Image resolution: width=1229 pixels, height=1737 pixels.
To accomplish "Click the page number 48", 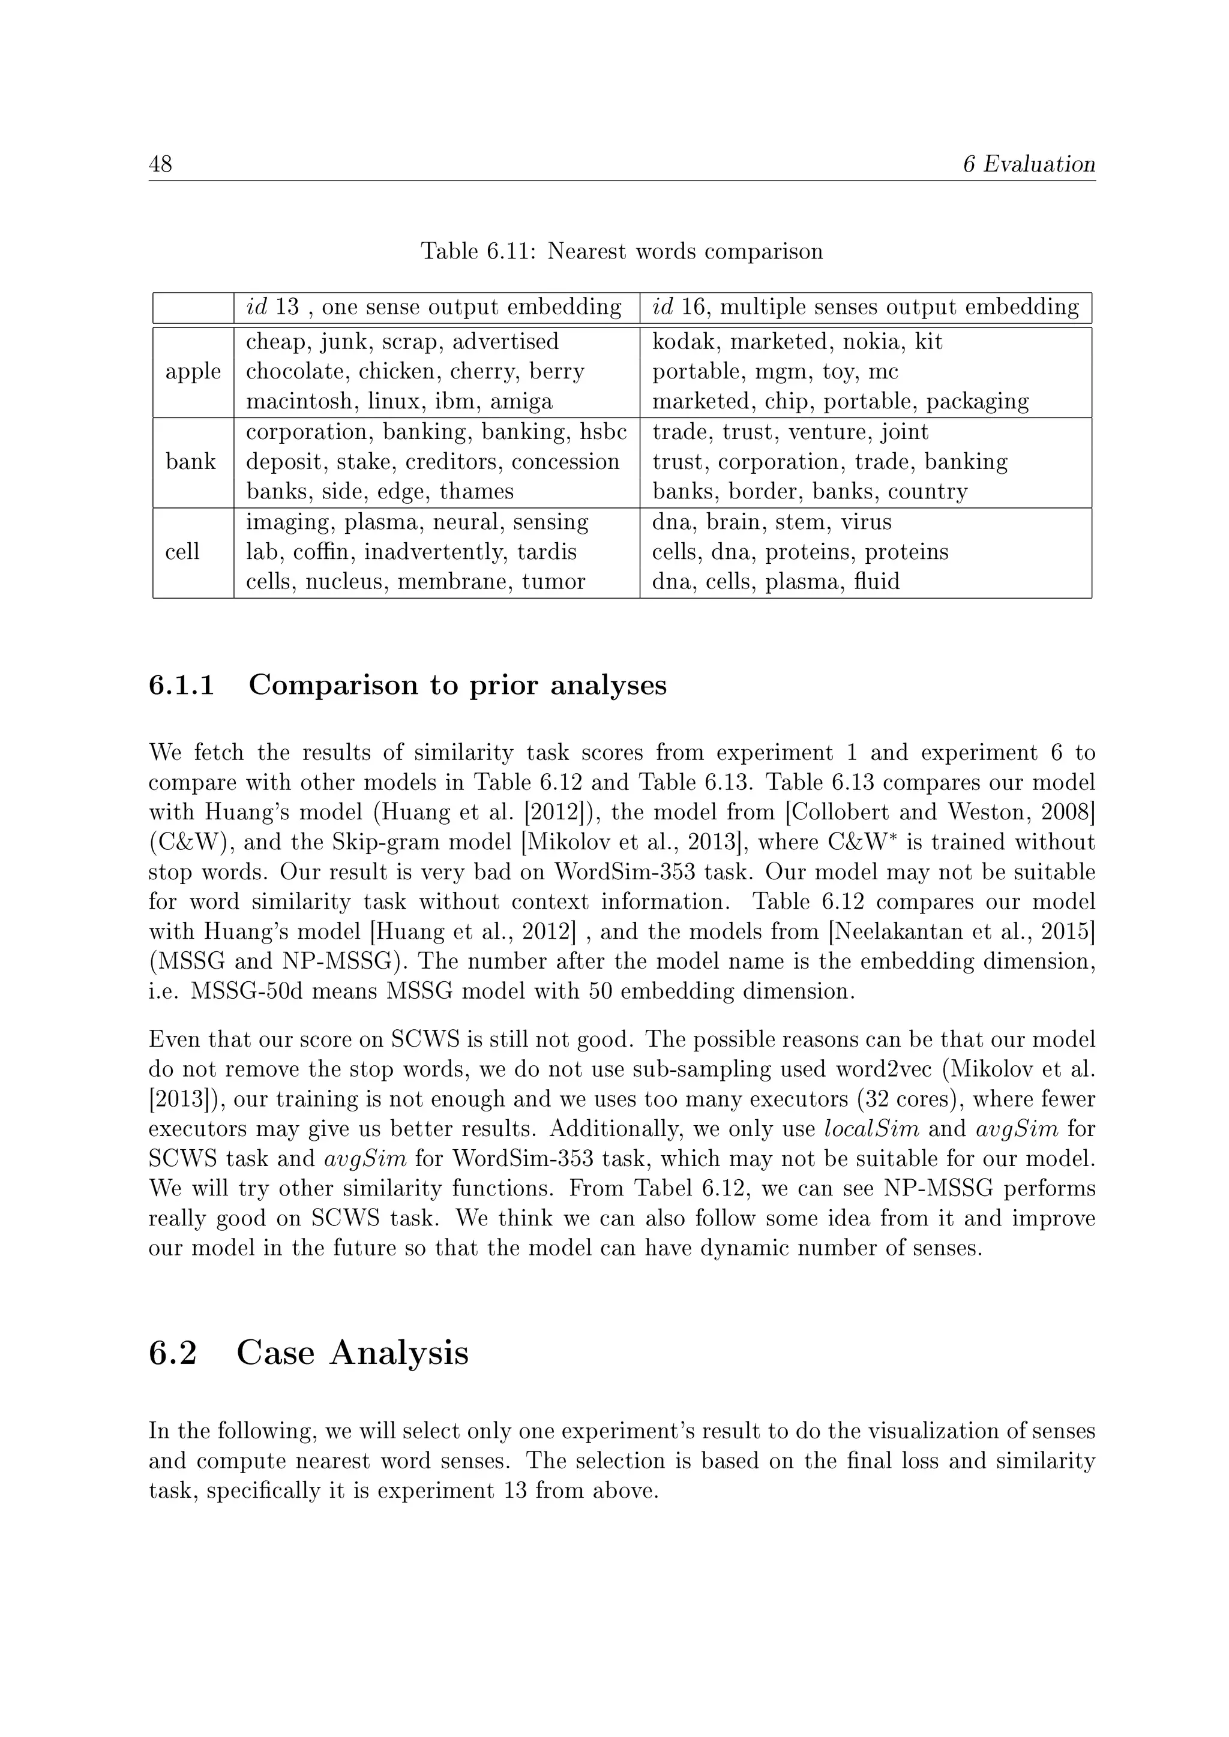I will (x=160, y=164).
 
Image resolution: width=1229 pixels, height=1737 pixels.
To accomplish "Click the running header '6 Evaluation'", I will (x=1029, y=164).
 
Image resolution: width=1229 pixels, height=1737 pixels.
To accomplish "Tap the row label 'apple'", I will (x=193, y=371).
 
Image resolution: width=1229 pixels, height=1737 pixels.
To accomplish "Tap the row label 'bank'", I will (x=191, y=461).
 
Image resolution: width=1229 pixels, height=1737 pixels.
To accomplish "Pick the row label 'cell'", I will (x=182, y=552).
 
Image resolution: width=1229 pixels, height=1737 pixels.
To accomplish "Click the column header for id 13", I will (x=434, y=307).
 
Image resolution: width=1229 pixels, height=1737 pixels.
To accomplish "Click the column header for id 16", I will (x=865, y=307).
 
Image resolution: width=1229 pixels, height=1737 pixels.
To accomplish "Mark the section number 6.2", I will (x=173, y=1353).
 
